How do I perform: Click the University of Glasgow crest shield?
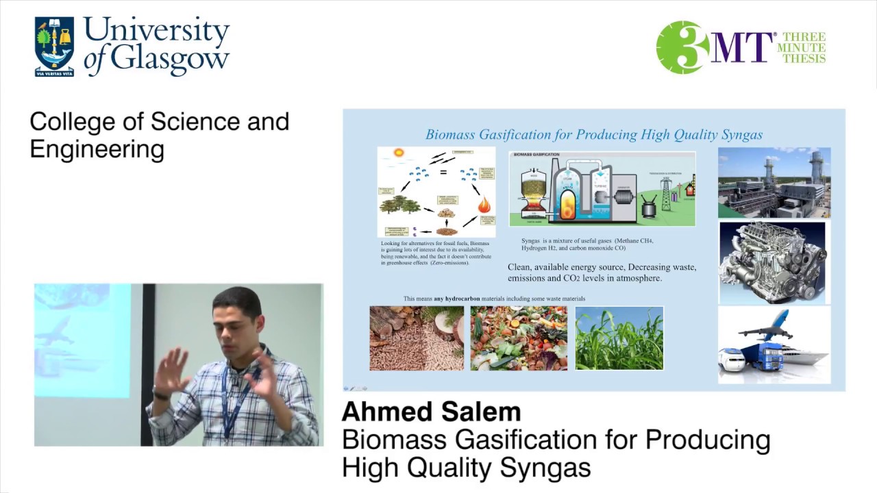coord(54,47)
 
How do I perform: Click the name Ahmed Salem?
coord(431,412)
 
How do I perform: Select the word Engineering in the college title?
coord(97,149)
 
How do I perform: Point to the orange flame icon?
coord(484,204)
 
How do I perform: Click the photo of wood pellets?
coord(417,338)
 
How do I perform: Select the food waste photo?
coord(519,338)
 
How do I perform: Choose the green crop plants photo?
coord(619,338)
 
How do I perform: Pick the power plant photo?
coord(774,183)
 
